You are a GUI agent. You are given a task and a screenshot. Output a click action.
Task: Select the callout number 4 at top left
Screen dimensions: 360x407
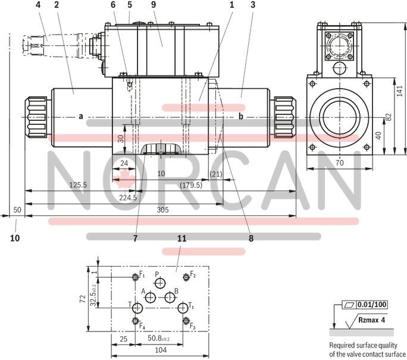(39, 5)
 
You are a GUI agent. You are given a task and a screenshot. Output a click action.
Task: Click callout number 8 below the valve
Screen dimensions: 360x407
(251, 238)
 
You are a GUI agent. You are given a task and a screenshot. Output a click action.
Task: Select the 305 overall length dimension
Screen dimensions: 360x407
(162, 209)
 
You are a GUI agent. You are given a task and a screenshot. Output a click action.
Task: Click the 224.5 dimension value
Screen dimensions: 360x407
(127, 198)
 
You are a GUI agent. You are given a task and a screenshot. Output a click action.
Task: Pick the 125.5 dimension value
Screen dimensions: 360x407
(77, 185)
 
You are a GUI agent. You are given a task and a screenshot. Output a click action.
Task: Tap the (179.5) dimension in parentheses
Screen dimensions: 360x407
(191, 185)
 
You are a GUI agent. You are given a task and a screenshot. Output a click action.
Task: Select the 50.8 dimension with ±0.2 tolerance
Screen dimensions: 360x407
(158, 339)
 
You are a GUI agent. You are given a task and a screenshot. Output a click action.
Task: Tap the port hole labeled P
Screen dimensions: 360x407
(159, 284)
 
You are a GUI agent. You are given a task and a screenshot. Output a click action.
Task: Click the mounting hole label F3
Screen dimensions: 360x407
(192, 327)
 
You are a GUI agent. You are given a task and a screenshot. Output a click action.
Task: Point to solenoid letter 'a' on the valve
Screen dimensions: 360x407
(80, 116)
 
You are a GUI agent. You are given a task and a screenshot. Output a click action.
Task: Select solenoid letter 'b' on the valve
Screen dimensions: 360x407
(241, 116)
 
